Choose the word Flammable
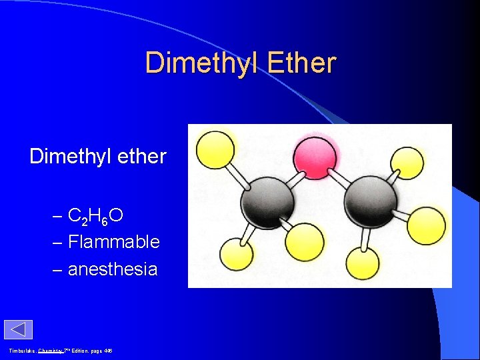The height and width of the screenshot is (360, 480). point(114,242)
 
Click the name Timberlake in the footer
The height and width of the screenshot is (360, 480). point(21,351)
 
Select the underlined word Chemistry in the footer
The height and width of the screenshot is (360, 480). point(50,351)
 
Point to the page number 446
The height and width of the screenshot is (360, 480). point(107,351)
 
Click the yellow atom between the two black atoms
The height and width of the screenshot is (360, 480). point(305,241)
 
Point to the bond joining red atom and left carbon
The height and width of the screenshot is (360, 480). point(293,177)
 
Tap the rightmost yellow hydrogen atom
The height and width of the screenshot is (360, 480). point(427,226)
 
